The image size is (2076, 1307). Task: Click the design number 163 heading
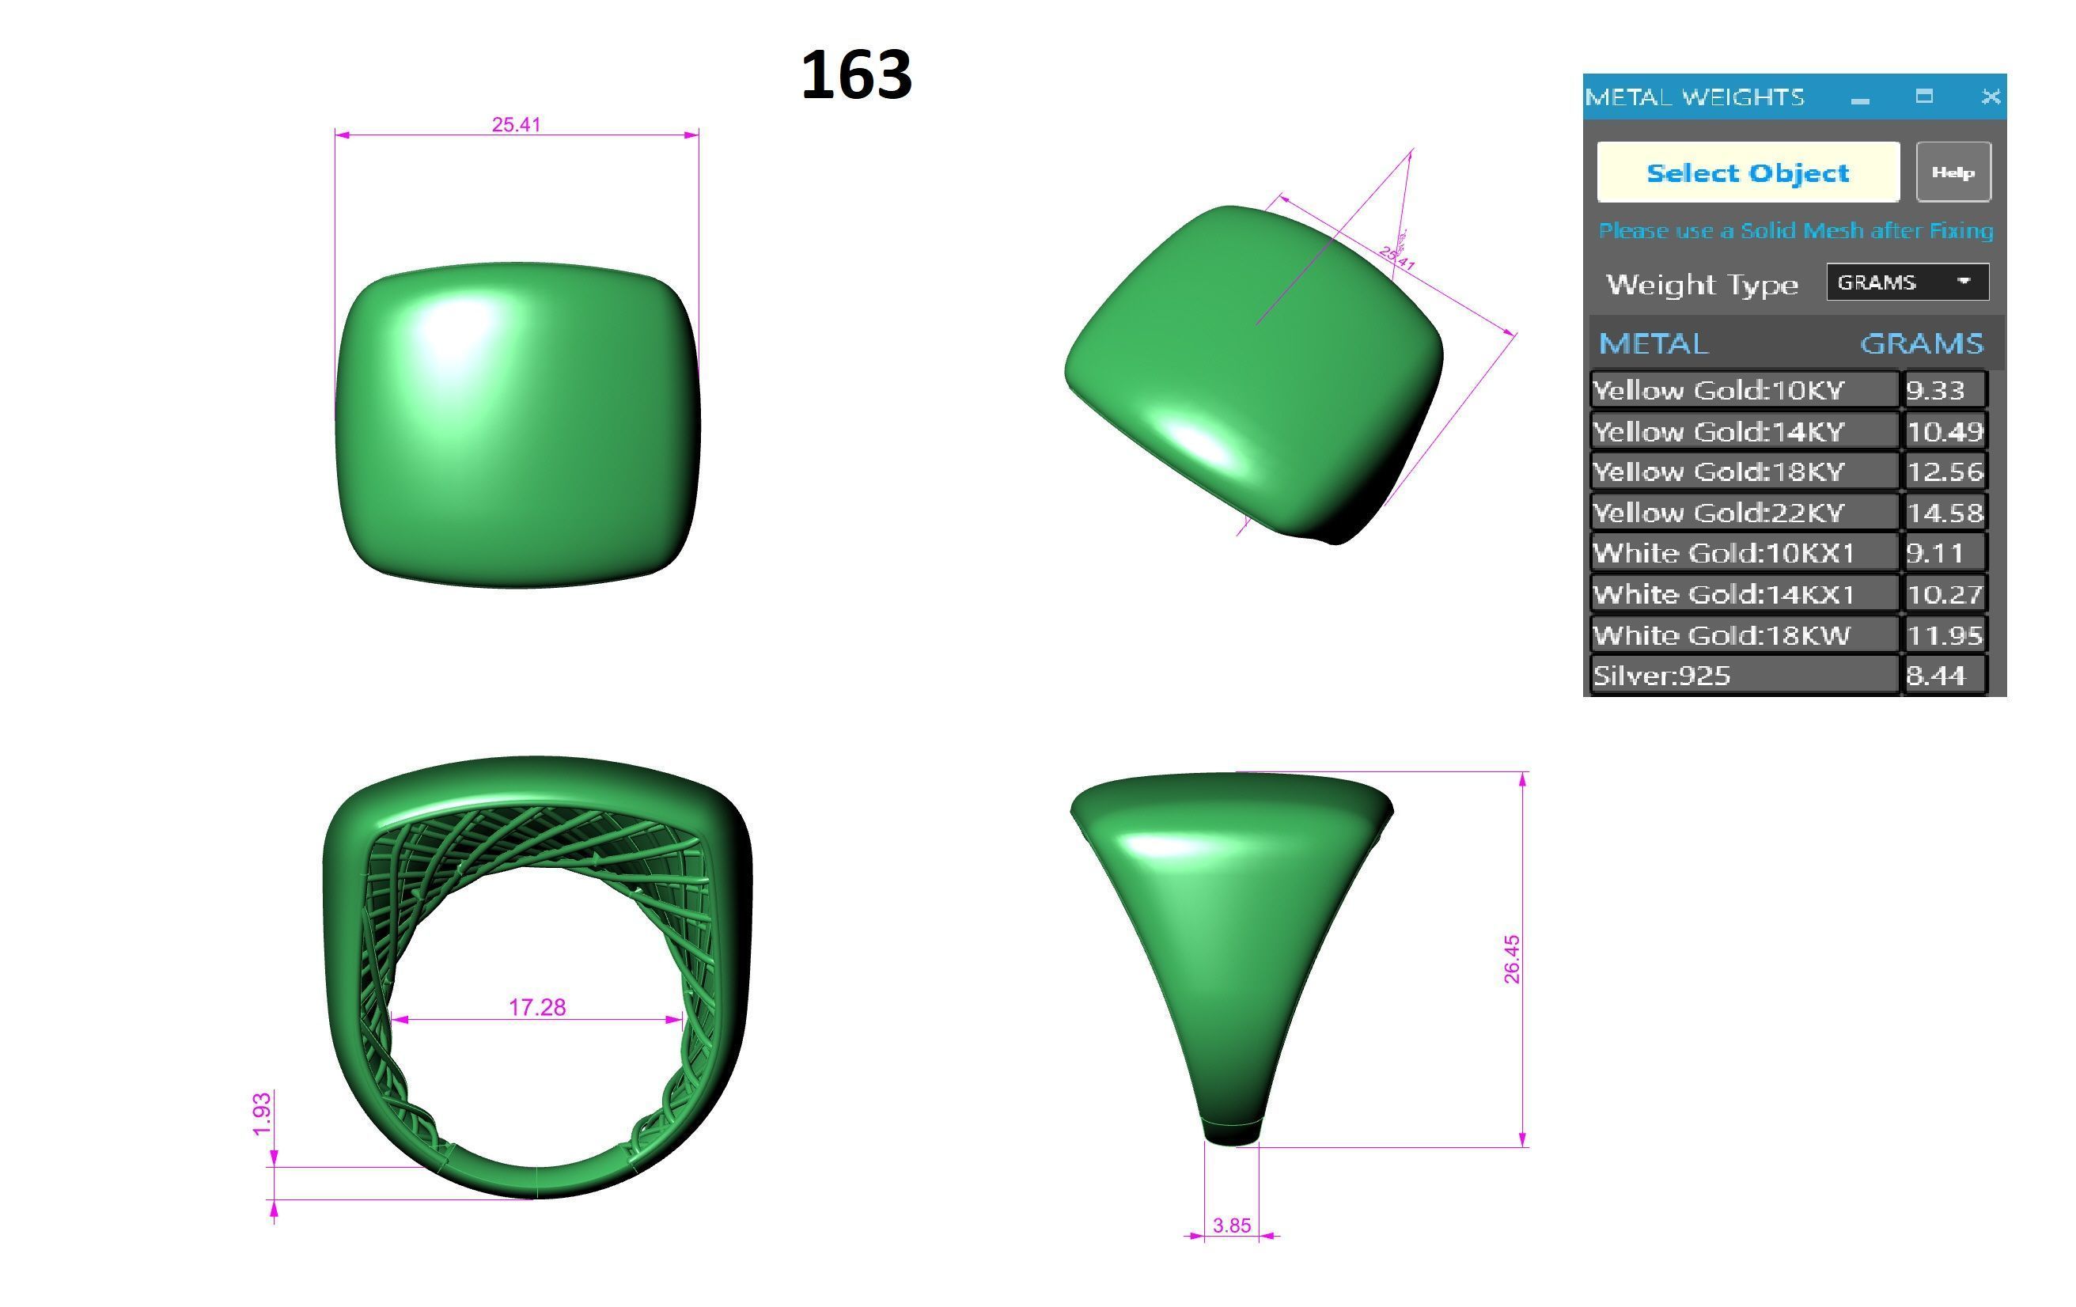(x=855, y=76)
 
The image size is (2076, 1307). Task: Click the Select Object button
(x=1748, y=172)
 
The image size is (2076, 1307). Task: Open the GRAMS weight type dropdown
(x=1907, y=282)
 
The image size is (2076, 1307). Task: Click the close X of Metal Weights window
(x=1990, y=97)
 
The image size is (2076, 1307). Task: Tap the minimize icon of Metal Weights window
(x=1859, y=98)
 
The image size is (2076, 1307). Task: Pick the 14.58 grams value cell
(x=1944, y=513)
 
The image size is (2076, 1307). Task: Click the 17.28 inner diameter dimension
(x=537, y=1007)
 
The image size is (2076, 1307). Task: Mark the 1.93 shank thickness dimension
(x=262, y=1113)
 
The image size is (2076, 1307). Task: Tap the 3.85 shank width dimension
(x=1231, y=1225)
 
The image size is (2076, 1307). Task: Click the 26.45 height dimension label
(x=1511, y=959)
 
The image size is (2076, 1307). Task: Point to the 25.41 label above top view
(x=517, y=125)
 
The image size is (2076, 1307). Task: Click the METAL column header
(x=1653, y=344)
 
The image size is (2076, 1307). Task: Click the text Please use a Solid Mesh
(x=1795, y=231)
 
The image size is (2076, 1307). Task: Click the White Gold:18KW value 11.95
(x=1944, y=635)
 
